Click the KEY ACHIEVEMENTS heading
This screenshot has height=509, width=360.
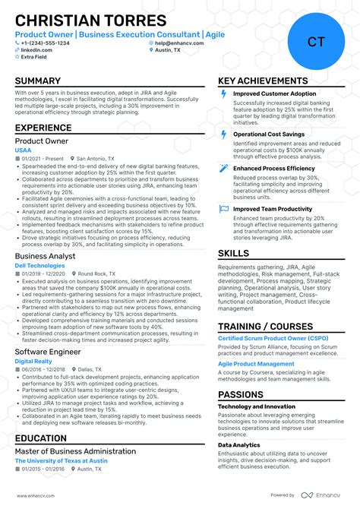click(x=263, y=81)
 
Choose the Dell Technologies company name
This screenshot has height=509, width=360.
click(x=40, y=266)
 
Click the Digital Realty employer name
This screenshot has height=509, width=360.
click(x=34, y=362)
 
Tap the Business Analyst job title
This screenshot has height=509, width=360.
click(x=46, y=257)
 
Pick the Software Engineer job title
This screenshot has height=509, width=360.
click(x=49, y=352)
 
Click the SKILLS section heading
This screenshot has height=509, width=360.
click(x=233, y=253)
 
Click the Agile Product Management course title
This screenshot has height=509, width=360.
click(x=256, y=364)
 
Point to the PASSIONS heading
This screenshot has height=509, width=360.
click(x=241, y=394)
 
